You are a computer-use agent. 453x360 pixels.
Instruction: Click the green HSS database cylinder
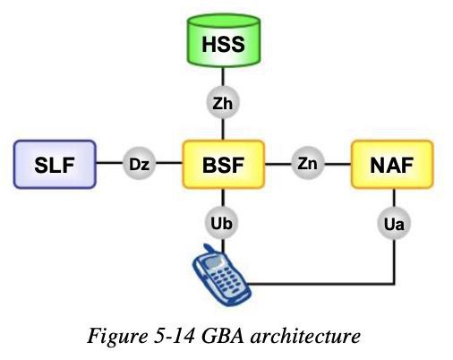(x=224, y=40)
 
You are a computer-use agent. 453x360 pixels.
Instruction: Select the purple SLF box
(x=55, y=164)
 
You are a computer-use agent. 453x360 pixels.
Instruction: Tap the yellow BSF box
(x=224, y=164)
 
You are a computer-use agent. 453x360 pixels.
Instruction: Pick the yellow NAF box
(x=392, y=164)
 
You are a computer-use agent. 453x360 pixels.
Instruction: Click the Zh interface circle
(x=223, y=103)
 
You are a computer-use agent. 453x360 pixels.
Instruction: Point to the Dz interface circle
(x=139, y=163)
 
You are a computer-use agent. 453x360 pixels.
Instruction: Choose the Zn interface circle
(x=308, y=163)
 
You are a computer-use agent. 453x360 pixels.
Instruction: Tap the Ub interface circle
(x=221, y=223)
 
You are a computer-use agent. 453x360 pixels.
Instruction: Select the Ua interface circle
(x=394, y=223)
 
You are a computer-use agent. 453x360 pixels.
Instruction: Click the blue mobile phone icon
(x=221, y=276)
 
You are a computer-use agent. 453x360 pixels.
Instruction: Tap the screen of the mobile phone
(x=213, y=261)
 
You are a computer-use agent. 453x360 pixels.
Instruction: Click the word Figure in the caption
(x=117, y=336)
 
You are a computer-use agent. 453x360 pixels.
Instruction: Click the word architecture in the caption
(x=305, y=335)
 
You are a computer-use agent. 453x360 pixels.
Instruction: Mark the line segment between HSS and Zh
(x=223, y=77)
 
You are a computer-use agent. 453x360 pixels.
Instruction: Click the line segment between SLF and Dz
(x=109, y=163)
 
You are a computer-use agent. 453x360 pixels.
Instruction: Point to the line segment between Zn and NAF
(x=338, y=164)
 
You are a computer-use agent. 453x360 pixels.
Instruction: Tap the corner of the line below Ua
(x=394, y=283)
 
